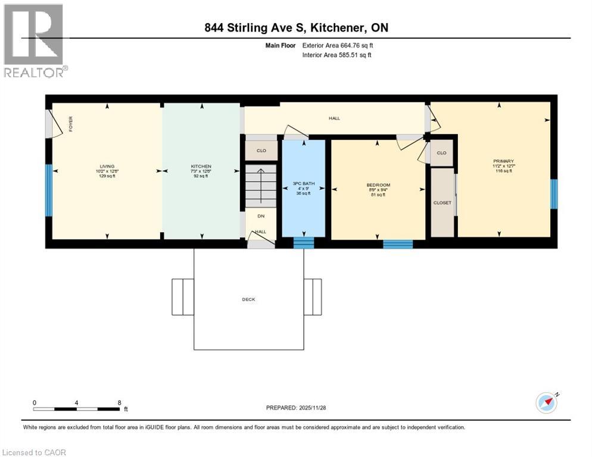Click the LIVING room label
click(107, 166)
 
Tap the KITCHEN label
click(201, 166)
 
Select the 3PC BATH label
click(303, 183)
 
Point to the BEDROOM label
click(378, 185)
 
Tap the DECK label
click(248, 299)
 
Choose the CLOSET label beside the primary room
click(442, 203)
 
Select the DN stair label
click(261, 215)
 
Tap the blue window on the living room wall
click(49, 190)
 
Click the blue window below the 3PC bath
click(303, 243)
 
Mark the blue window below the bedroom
click(397, 243)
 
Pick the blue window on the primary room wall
click(554, 195)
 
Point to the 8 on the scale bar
click(120, 403)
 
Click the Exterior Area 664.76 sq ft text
click(338, 45)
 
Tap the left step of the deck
click(183, 296)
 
